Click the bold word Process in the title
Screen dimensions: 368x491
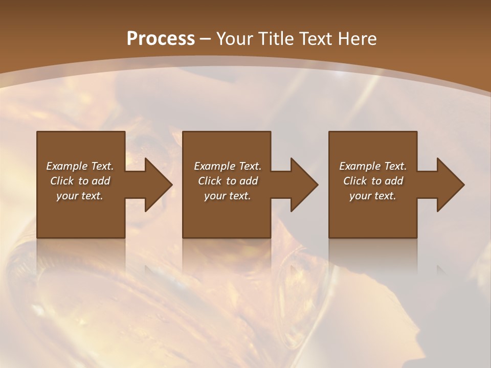(161, 38)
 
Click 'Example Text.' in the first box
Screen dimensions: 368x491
(80, 166)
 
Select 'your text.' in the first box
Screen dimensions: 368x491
(80, 196)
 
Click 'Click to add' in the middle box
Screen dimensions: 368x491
(228, 181)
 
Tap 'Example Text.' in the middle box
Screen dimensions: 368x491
(228, 166)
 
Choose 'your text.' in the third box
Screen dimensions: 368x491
(373, 196)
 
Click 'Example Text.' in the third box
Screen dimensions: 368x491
(373, 166)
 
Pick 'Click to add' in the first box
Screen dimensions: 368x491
(80, 181)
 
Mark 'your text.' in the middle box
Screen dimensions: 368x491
(228, 196)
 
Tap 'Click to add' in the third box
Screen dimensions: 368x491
(373, 181)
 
